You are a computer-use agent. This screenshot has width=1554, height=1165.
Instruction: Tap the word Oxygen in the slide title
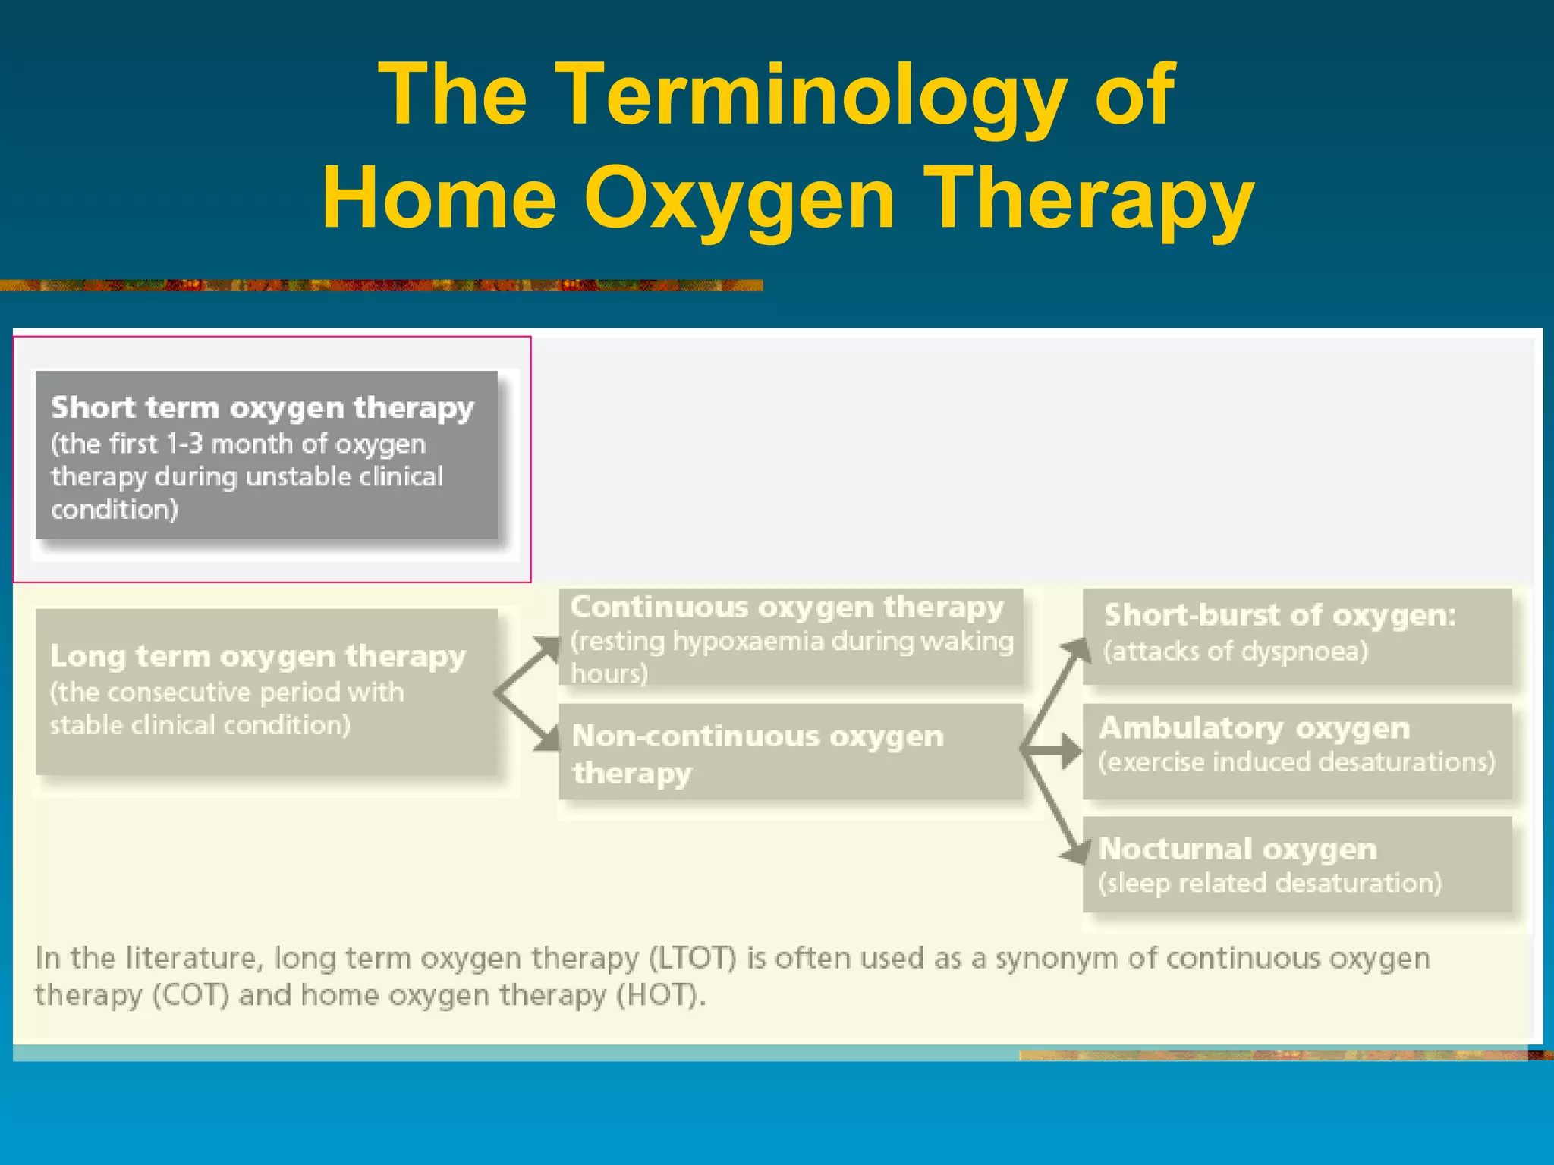click(x=739, y=199)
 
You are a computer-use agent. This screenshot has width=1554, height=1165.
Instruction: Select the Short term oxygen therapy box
click(x=266, y=455)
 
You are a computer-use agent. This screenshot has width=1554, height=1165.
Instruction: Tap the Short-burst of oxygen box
click(x=1297, y=636)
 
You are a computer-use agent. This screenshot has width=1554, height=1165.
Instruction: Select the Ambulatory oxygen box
click(x=1297, y=751)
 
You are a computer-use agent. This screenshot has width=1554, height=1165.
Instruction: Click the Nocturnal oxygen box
click(x=1297, y=865)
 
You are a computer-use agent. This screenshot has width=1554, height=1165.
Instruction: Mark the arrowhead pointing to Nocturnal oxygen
click(x=1076, y=853)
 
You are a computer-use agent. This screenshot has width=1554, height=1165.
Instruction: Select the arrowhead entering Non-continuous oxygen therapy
click(x=548, y=739)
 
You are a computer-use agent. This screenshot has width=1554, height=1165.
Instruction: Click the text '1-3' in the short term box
click(x=184, y=444)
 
